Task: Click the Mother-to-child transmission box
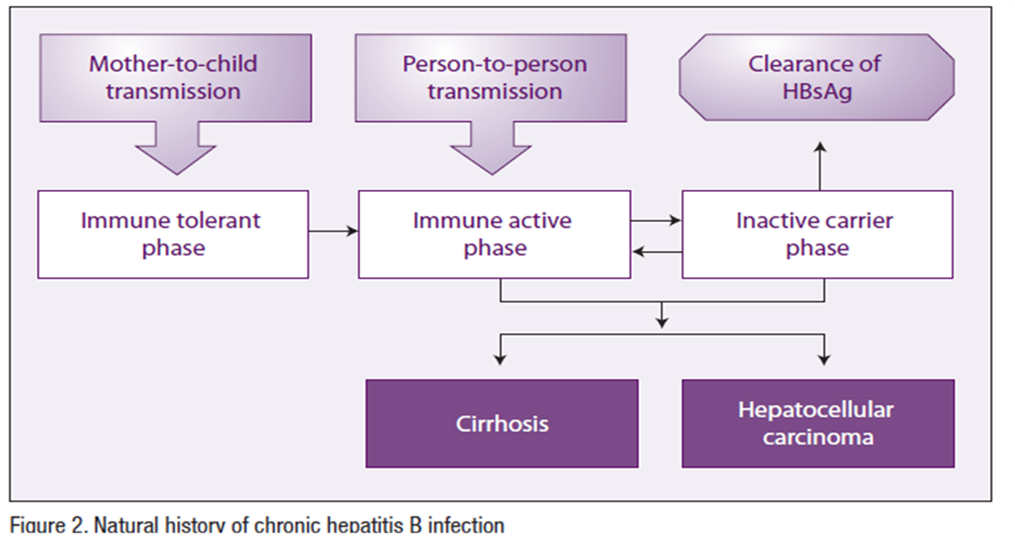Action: point(176,77)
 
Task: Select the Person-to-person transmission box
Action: point(491,77)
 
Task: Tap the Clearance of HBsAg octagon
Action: point(816,77)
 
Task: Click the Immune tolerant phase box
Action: point(173,234)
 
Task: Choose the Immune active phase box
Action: point(494,234)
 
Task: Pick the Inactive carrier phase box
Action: point(818,234)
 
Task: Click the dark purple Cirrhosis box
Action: point(502,423)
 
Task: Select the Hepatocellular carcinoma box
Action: point(818,423)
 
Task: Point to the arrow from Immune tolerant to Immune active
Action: point(333,231)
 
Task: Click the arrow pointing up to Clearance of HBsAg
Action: point(820,166)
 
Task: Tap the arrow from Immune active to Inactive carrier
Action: point(656,220)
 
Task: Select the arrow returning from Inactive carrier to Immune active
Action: point(657,251)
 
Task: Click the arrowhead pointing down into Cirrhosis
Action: point(499,359)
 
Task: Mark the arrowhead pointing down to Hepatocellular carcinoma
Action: point(824,359)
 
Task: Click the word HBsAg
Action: point(817,92)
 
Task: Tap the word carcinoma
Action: point(818,438)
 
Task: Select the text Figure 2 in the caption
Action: point(48,524)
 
